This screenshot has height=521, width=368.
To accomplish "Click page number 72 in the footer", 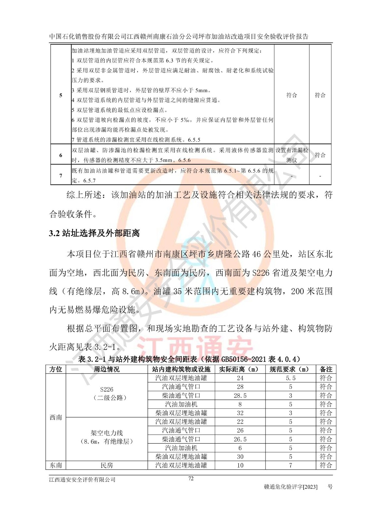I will tap(191, 478).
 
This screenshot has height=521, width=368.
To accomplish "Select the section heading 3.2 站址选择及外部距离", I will tap(94, 233).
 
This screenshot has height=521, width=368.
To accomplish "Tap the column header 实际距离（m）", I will tap(240, 369).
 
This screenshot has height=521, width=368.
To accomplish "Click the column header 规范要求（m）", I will tap(290, 369).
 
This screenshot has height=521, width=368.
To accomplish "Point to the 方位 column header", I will tap(56, 369).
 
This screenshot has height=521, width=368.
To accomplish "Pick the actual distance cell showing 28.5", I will tap(240, 396).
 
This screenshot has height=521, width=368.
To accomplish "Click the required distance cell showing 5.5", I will tap(290, 378).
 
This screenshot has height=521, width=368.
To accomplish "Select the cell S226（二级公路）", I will tap(107, 393).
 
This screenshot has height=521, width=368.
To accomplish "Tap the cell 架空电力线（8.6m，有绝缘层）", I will tap(107, 437).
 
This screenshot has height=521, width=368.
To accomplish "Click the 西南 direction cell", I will tap(56, 417).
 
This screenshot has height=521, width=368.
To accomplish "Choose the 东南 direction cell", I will tap(56, 465).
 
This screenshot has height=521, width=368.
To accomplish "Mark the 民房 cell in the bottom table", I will tap(107, 465).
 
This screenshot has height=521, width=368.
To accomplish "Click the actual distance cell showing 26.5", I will tap(240, 439).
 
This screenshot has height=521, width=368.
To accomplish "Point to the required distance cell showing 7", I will tap(290, 465).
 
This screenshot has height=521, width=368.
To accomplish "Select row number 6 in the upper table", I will tap(61, 155).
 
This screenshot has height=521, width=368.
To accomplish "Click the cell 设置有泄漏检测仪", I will tap(292, 155).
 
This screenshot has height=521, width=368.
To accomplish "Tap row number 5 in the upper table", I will tap(61, 95).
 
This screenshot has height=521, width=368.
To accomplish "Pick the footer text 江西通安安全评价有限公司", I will tap(82, 480).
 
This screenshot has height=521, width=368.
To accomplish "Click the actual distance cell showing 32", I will tap(240, 413).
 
